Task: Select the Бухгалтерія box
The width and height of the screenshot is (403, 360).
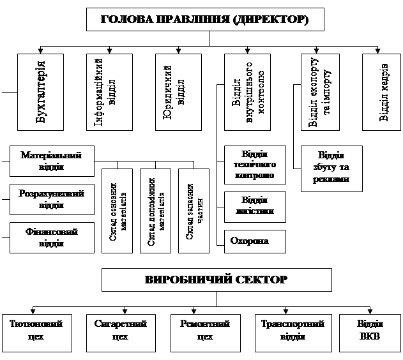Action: pyautogui.click(x=41, y=92)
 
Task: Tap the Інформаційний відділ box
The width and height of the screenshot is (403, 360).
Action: pyautogui.click(x=109, y=92)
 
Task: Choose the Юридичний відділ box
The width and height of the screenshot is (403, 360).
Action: pyautogui.click(x=178, y=92)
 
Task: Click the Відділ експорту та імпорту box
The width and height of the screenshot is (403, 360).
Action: pyautogui.click(x=324, y=92)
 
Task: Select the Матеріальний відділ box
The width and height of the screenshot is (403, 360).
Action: pyautogui.click(x=52, y=161)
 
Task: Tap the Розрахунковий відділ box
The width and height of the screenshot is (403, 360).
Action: pyautogui.click(x=52, y=199)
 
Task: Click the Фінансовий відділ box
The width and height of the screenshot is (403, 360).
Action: pyautogui.click(x=52, y=237)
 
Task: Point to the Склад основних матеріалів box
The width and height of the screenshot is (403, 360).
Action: pyautogui.click(x=117, y=211)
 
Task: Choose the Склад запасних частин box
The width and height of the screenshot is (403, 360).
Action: pyautogui.click(x=194, y=211)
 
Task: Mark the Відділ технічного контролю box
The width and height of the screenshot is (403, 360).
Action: pyautogui.click(x=255, y=165)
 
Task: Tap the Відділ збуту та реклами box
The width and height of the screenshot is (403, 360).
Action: pyautogui.click(x=331, y=168)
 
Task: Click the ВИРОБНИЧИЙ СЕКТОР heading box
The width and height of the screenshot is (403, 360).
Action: pyautogui.click(x=217, y=280)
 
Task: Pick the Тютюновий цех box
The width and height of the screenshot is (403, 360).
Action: pyautogui.click(x=36, y=331)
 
